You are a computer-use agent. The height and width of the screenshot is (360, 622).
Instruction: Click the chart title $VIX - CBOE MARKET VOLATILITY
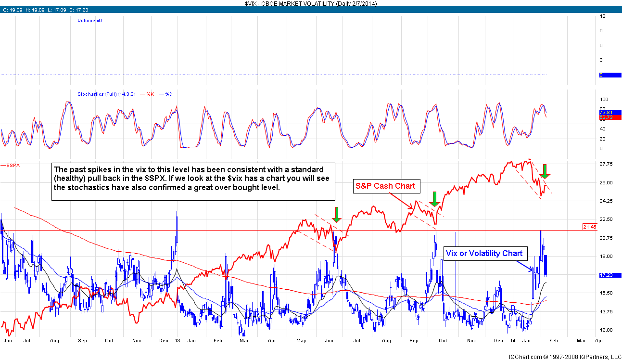pyautogui.click(x=310, y=3)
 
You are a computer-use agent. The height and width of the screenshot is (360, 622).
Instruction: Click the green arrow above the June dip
pyautogui.click(x=337, y=214)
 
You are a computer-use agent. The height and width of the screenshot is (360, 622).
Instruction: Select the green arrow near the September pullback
pyautogui.click(x=434, y=199)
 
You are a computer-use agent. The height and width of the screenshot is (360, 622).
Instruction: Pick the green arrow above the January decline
pyautogui.click(x=545, y=171)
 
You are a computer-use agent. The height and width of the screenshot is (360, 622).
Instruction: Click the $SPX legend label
pyautogui.click(x=14, y=166)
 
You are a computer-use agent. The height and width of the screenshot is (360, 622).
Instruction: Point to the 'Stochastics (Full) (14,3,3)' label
pyautogui.click(x=108, y=94)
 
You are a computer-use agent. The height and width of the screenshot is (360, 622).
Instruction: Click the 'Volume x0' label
pyautogui.click(x=89, y=21)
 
